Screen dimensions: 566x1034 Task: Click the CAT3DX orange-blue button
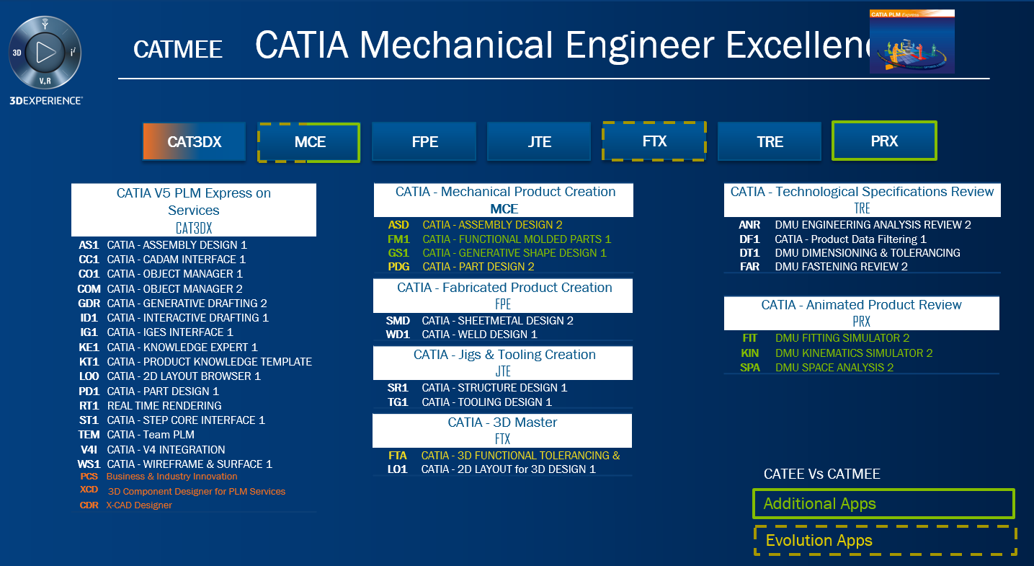point(194,142)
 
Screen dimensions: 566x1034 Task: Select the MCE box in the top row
point(309,142)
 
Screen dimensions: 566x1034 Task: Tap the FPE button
point(424,142)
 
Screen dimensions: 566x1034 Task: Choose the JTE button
point(539,142)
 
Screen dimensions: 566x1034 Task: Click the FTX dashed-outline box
point(654,141)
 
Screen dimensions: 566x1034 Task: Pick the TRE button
point(770,142)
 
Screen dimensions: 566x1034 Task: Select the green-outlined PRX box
point(884,141)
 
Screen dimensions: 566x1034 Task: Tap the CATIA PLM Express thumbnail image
point(912,41)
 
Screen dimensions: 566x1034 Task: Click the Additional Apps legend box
point(883,503)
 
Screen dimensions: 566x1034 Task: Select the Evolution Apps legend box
point(885,541)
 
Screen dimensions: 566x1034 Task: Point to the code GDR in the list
point(89,303)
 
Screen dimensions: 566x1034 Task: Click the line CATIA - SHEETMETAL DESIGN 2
point(497,321)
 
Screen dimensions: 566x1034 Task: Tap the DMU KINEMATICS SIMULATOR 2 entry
point(854,353)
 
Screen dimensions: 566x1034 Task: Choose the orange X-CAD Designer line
point(139,505)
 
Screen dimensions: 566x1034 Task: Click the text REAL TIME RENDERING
point(164,405)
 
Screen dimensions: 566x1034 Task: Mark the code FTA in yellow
point(398,456)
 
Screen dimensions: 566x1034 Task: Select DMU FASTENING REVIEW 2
point(841,267)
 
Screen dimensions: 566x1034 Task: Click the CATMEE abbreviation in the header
point(178,49)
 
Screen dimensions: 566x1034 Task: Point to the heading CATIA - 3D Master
point(502,423)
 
